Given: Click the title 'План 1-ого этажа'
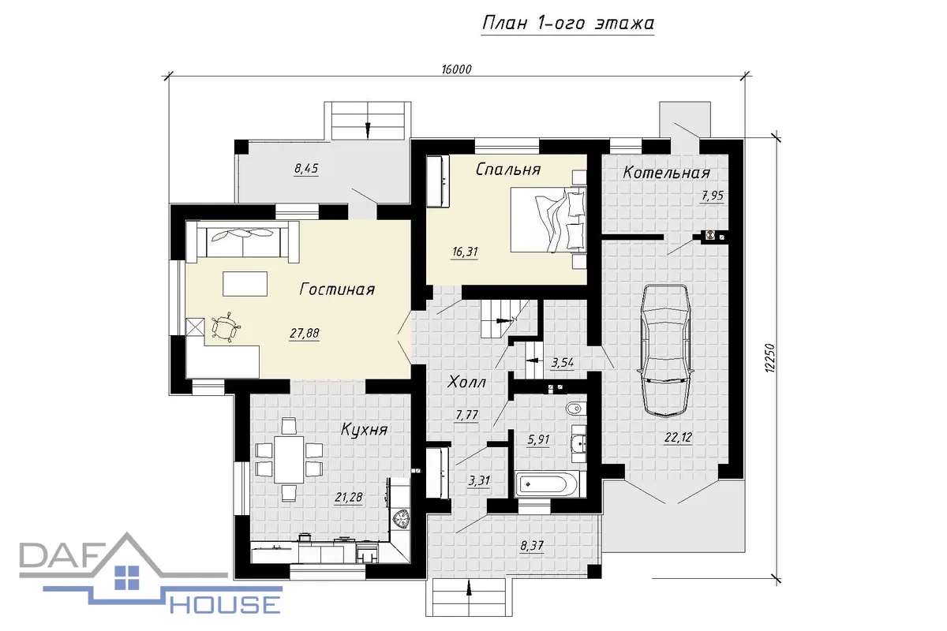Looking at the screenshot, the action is tap(567, 23).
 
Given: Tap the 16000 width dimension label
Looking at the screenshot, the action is tap(456, 69).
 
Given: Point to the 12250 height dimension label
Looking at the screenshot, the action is tap(770, 358).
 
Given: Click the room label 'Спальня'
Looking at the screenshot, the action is tap(507, 170).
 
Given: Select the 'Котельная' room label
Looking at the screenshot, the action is tap(666, 173).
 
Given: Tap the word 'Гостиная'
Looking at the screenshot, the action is tap(337, 289).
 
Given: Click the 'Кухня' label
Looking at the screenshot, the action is tap(364, 430).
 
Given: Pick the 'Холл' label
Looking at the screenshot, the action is tap(466, 383).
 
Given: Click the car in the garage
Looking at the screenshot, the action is tap(665, 351).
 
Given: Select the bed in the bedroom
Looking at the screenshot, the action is tap(548, 220).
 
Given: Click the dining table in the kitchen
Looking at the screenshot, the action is tap(289, 459).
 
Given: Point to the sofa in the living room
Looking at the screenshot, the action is tap(242, 239).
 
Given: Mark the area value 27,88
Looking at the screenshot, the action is tap(305, 334).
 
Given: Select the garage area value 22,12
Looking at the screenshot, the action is tap(678, 438).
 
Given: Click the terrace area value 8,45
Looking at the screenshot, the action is tap(306, 169).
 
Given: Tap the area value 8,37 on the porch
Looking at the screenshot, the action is tap(531, 546).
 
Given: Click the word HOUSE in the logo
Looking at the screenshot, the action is tap(226, 605).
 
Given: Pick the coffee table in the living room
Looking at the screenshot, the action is tap(245, 284).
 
